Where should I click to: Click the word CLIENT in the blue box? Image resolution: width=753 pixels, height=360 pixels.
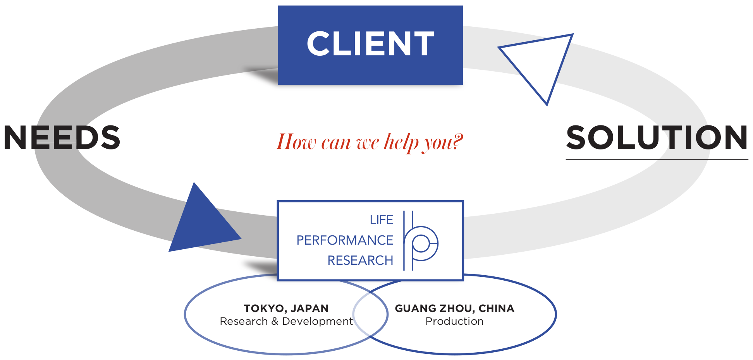[x=370, y=44]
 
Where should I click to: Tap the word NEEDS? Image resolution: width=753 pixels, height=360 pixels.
[x=62, y=137]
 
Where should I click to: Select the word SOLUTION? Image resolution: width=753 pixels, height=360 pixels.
[x=657, y=137]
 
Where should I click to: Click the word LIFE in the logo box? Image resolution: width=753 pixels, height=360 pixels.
[x=382, y=220]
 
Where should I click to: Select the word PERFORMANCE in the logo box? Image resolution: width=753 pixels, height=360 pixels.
[x=345, y=240]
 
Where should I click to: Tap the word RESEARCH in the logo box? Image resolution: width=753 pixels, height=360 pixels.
[x=360, y=261]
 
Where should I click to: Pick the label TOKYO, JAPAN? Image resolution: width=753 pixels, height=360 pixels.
[x=286, y=309]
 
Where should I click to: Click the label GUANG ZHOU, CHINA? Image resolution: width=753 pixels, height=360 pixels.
[x=454, y=309]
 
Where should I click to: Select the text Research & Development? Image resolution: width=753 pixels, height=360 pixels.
[x=286, y=321]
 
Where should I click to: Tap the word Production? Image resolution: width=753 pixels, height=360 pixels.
[x=454, y=321]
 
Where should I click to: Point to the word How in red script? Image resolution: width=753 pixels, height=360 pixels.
[x=294, y=142]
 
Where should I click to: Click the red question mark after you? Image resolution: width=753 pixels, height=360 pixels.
[x=457, y=141]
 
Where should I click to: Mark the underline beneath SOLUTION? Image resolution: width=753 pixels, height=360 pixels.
[x=657, y=159]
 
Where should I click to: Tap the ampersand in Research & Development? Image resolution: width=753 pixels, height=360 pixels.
[x=275, y=321]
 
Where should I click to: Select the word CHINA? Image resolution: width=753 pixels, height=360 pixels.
[x=497, y=309]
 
